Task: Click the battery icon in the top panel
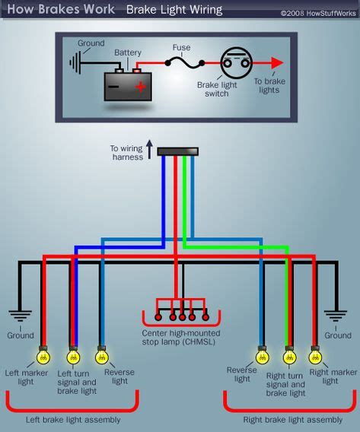[126, 86]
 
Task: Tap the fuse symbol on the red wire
[182, 64]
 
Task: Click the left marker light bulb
[43, 356]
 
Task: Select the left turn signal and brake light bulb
[73, 356]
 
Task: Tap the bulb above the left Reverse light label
[101, 356]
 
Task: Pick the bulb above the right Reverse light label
[263, 356]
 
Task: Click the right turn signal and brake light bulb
[289, 356]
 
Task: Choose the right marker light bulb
[315, 356]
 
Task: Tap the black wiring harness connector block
[177, 152]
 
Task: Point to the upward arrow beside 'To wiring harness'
[149, 147]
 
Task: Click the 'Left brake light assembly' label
[72, 420]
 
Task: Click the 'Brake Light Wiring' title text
[174, 10]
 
